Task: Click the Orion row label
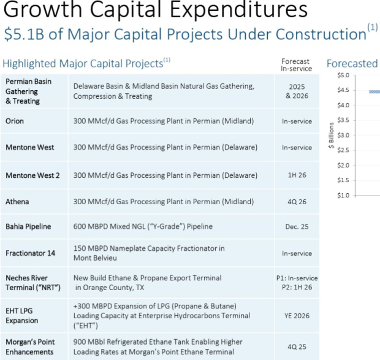15,121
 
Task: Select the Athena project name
17,201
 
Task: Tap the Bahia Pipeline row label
28,226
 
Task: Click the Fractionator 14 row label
31,253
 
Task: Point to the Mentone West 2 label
32,175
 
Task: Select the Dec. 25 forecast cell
297,226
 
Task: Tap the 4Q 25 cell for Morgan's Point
297,347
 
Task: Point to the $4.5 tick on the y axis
343,90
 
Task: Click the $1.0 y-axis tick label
343,195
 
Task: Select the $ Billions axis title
331,135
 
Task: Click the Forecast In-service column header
295,65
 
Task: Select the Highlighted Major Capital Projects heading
83,63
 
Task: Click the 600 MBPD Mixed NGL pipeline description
143,226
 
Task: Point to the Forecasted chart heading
352,63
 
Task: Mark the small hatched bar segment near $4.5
374,91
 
